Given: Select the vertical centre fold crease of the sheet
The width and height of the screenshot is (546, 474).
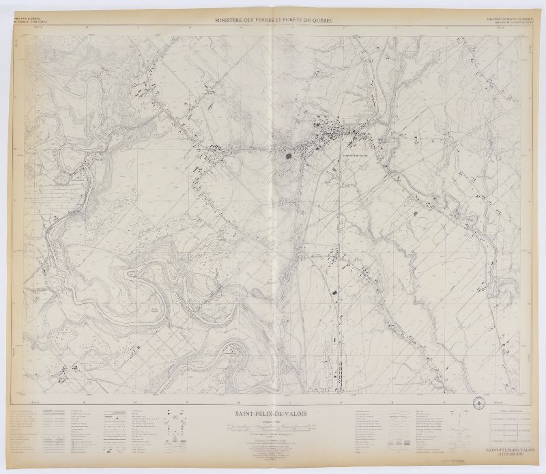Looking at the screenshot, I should [274, 239].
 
